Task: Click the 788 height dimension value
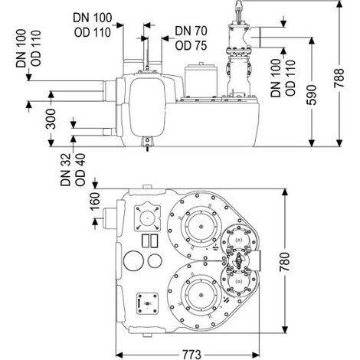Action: pyautogui.click(x=339, y=78)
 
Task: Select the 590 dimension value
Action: pyautogui.click(x=311, y=95)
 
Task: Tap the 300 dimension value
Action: pyautogui.click(x=51, y=119)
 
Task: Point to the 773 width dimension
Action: pyautogui.click(x=191, y=355)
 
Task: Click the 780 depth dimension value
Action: pyautogui.click(x=284, y=262)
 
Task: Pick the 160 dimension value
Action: pyautogui.click(x=95, y=201)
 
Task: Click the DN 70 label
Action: pyautogui.click(x=191, y=31)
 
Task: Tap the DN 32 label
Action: pyautogui.click(x=65, y=170)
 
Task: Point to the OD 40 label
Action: pyautogui.click(x=80, y=170)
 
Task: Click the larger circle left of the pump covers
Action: pyautogui.click(x=133, y=260)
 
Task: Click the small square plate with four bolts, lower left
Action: pyautogui.click(x=147, y=303)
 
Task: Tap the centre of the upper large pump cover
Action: pyautogui.click(x=201, y=227)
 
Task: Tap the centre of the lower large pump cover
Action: pyautogui.click(x=201, y=296)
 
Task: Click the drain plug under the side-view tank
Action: pyautogui.click(x=147, y=144)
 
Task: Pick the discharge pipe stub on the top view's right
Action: pyautogui.click(x=256, y=261)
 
